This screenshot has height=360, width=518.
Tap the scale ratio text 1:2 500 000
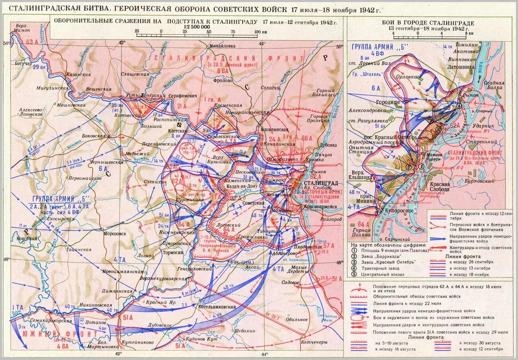pos(196,27)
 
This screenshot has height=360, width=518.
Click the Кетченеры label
pos(314,342)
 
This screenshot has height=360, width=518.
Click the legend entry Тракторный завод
pos(384,268)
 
